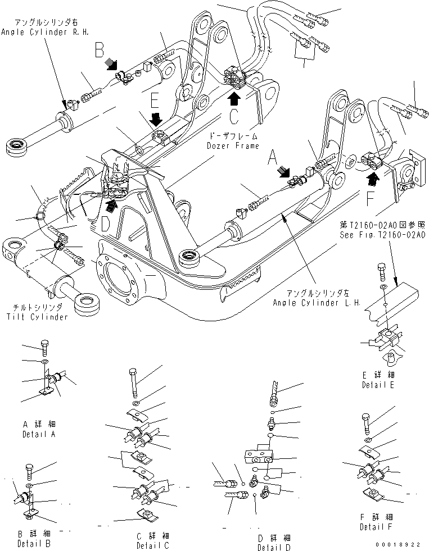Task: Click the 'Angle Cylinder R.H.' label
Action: point(35,33)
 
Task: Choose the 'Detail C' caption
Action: point(153,545)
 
